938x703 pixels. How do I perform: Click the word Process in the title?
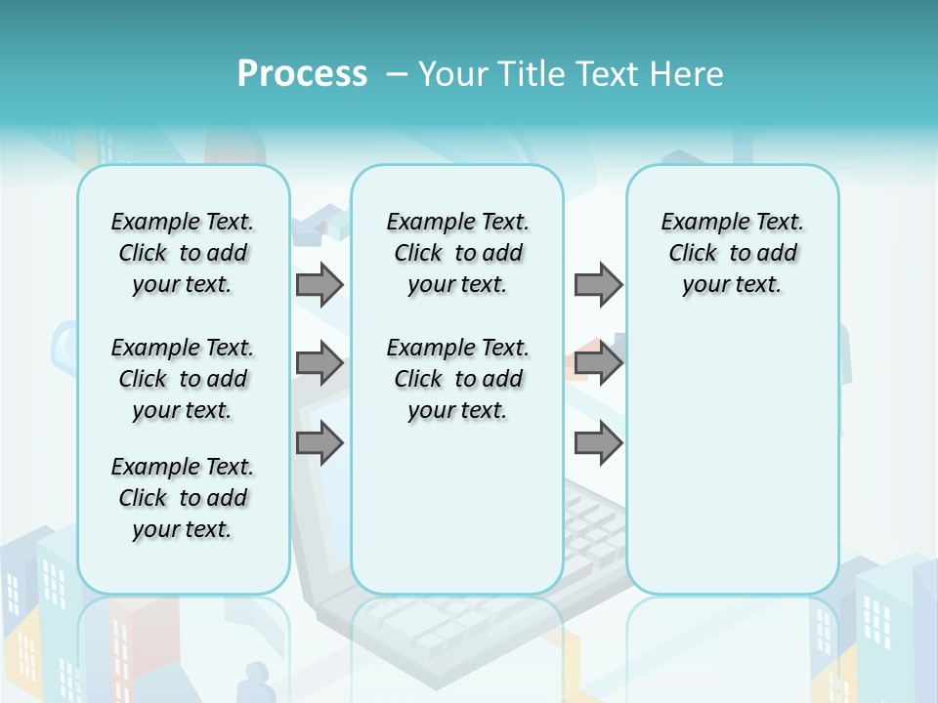pyautogui.click(x=302, y=74)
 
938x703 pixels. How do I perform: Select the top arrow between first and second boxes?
pyautogui.click(x=320, y=285)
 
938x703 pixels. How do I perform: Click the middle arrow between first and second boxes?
pyautogui.click(x=320, y=364)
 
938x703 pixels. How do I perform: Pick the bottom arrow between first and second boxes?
pyautogui.click(x=320, y=443)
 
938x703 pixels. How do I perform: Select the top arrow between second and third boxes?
pyautogui.click(x=598, y=285)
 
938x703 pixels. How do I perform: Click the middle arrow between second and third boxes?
pyautogui.click(x=598, y=364)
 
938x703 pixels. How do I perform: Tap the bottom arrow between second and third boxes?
pyautogui.click(x=598, y=443)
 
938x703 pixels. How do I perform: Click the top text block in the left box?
pyautogui.click(x=183, y=253)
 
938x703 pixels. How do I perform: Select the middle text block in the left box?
pyautogui.click(x=183, y=379)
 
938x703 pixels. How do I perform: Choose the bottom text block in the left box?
pyautogui.click(x=183, y=498)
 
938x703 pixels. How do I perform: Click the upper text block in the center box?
pyautogui.click(x=457, y=253)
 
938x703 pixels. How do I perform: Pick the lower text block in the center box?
pyautogui.click(x=457, y=379)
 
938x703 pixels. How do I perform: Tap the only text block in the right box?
pyautogui.click(x=732, y=253)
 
